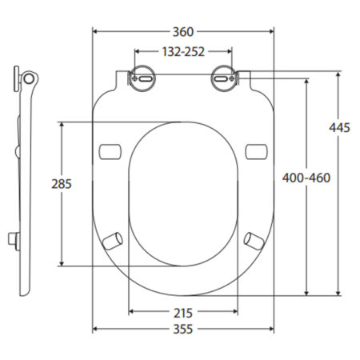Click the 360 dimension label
coord(183,32)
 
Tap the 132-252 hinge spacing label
coord(183,52)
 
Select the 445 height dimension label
coord(339,128)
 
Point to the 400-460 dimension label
coord(306,178)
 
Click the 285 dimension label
coord(62,184)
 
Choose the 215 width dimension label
coord(183,314)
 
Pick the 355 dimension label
coord(183,329)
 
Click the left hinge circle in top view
coord(143,78)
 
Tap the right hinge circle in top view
coord(223,78)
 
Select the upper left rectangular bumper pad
coord(110,152)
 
